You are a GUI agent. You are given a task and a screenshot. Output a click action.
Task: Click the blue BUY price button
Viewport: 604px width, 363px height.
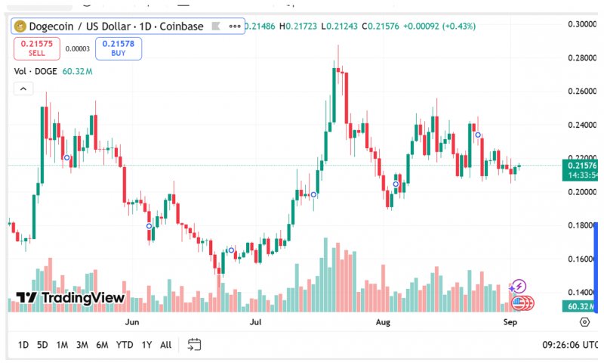[x=119, y=48]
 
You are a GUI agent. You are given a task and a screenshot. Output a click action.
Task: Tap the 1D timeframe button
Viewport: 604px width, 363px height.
[x=23, y=345]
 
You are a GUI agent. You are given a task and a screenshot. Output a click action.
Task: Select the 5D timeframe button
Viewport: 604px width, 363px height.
[x=42, y=345]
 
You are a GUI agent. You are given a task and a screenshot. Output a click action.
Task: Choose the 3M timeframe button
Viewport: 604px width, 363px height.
[x=82, y=345]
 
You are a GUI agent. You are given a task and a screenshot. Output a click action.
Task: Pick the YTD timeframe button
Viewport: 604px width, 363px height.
[x=125, y=345]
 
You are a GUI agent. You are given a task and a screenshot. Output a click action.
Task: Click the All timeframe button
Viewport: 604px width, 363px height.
[x=165, y=345]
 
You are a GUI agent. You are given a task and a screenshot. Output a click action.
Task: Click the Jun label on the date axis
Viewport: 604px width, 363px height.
[x=132, y=322]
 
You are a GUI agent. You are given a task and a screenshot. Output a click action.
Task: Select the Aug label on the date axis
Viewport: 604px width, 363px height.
[x=384, y=322]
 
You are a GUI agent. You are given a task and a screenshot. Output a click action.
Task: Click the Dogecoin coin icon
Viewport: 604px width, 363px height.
[x=20, y=26]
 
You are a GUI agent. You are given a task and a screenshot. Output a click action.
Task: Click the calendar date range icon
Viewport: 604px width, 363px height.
[x=194, y=345]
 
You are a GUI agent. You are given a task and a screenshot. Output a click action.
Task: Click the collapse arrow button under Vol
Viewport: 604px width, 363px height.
[x=23, y=88]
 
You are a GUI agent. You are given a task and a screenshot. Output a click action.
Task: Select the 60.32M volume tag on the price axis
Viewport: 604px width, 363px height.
[x=580, y=306]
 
